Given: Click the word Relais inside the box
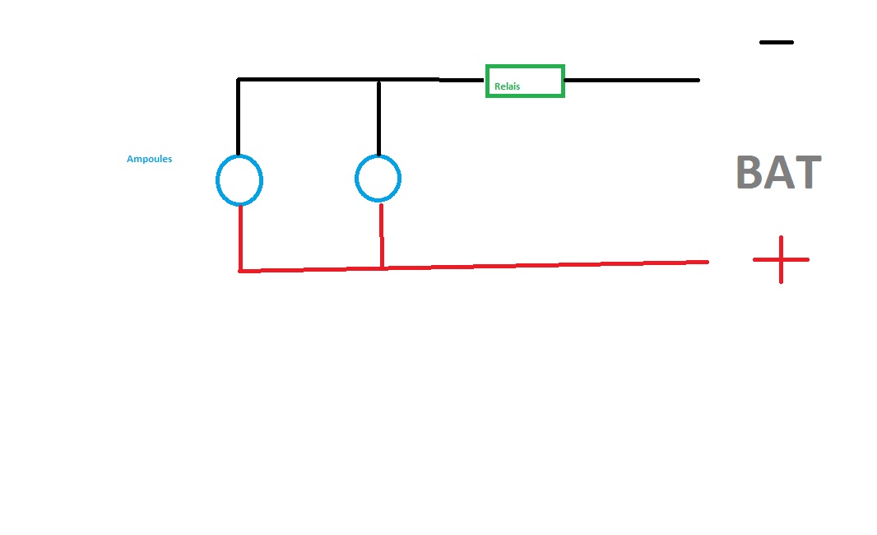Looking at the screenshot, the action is (x=508, y=86).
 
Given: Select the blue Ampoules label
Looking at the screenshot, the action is (x=150, y=159).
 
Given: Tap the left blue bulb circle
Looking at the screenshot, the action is (x=217, y=180).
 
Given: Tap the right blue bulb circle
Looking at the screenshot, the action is (x=355, y=179).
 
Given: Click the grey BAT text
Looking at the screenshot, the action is (x=778, y=172).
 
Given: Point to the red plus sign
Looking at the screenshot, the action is (x=781, y=259).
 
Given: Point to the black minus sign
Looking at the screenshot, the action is (x=777, y=42).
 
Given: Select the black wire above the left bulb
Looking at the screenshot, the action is (x=239, y=118).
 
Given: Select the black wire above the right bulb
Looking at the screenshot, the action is (x=378, y=119).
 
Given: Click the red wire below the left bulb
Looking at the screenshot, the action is (x=240, y=239).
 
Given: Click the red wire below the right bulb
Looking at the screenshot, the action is (x=382, y=236).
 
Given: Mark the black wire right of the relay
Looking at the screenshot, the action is (x=632, y=81).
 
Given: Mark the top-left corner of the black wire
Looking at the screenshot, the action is (x=239, y=80).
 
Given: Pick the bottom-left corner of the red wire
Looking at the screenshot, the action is (x=240, y=272).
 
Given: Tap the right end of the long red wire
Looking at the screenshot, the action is (x=708, y=262).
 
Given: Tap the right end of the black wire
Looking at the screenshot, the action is (x=699, y=81).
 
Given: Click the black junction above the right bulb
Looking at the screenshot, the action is (x=378, y=81).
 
